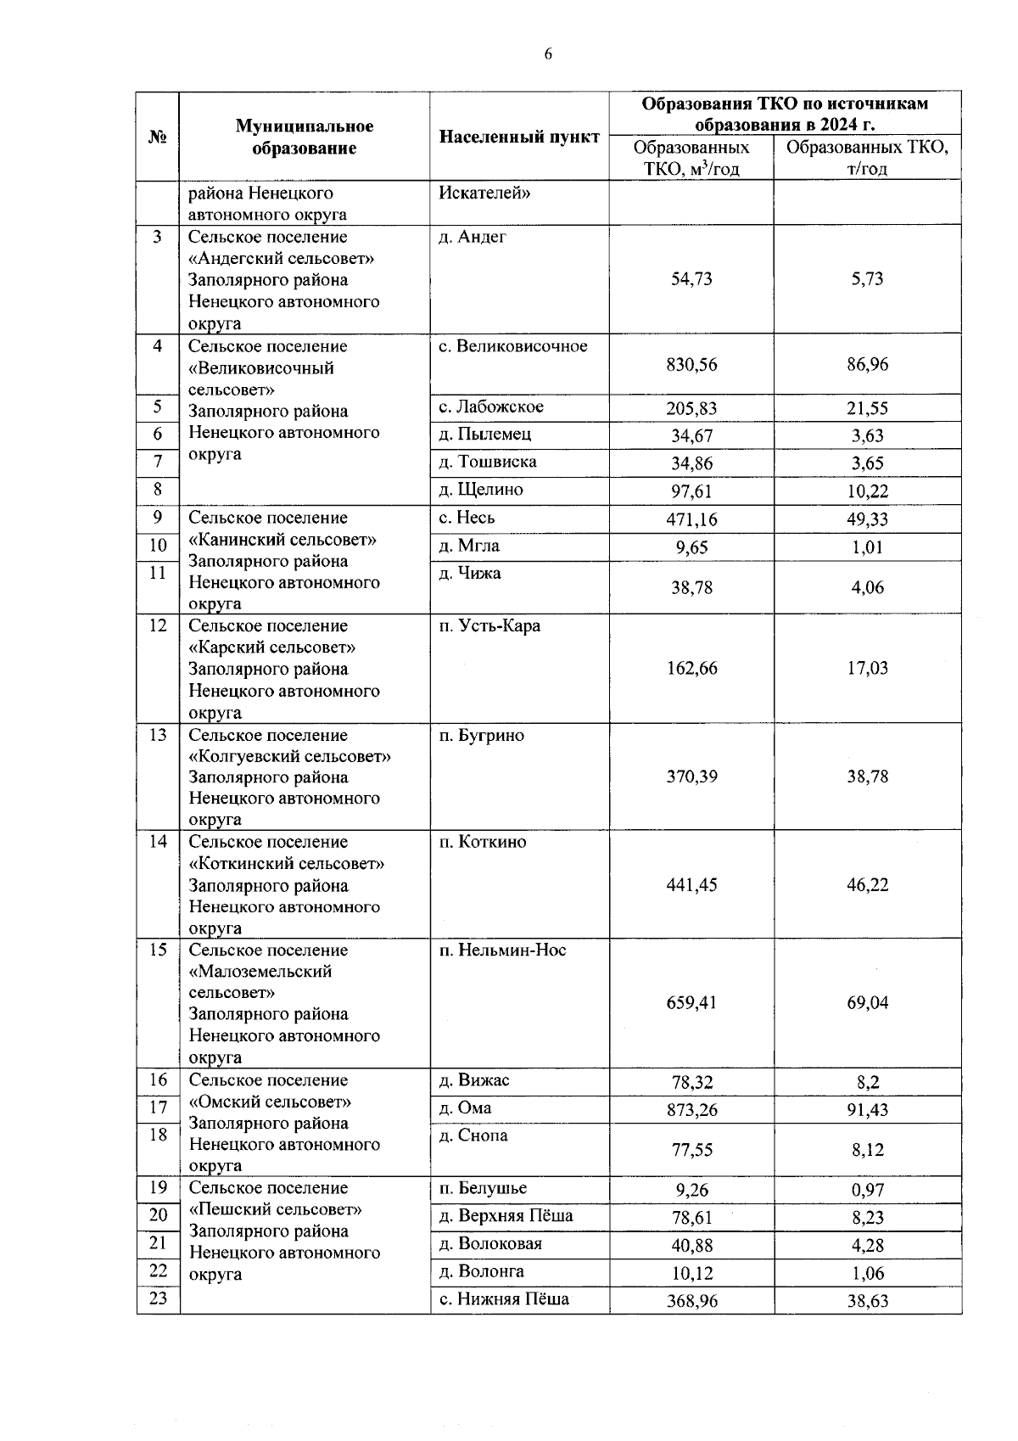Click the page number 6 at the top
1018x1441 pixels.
tap(547, 54)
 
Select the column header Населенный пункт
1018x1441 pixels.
tap(519, 137)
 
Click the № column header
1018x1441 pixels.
tap(157, 137)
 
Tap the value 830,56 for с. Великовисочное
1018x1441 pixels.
tap(691, 364)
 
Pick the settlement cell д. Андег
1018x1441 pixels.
tap(472, 237)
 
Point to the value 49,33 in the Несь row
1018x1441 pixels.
tap(867, 519)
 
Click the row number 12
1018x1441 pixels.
tap(158, 625)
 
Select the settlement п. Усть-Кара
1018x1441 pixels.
tap(489, 625)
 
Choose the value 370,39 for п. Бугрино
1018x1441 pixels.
tap(691, 777)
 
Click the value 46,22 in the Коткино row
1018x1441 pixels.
tap(867, 884)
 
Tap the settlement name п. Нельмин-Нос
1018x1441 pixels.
tap(502, 950)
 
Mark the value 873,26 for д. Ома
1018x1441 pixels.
tap(691, 1109)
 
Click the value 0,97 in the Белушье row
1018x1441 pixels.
tap(867, 1190)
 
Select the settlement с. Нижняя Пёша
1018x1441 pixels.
tap(504, 1298)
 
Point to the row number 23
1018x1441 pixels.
tap(158, 1298)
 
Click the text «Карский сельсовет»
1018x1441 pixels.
tap(271, 648)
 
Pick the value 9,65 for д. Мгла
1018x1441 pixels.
tap(691, 547)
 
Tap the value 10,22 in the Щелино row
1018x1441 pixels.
tap(867, 491)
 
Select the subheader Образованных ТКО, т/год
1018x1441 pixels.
tap(867, 158)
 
